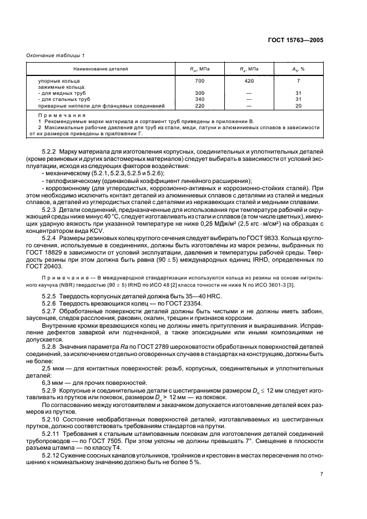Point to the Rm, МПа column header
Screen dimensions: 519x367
pos(185,69)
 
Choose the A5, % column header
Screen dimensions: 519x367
pos(299,69)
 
